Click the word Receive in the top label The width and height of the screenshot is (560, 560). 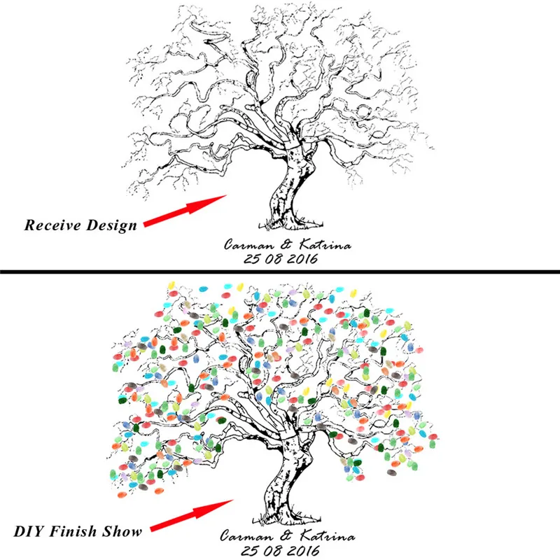click(x=52, y=225)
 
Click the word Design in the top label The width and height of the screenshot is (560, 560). click(x=112, y=225)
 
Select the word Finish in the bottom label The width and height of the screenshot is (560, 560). click(x=73, y=531)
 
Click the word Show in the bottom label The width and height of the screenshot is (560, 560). click(x=122, y=531)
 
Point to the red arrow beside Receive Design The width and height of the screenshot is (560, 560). click(x=185, y=211)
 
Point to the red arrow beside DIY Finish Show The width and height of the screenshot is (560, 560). click(x=192, y=515)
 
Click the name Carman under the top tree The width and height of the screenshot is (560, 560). click(x=249, y=244)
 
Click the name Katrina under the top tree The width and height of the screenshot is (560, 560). click(x=325, y=244)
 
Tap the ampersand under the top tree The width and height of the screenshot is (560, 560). click(x=286, y=244)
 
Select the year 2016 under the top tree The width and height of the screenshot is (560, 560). click(x=302, y=258)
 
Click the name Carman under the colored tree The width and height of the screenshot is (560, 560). click(x=246, y=535)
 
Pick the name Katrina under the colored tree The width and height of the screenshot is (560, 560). click(x=328, y=535)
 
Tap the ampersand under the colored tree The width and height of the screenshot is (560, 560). click(x=286, y=535)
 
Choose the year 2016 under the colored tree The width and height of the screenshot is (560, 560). click(x=304, y=551)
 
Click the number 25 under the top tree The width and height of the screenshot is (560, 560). click(x=252, y=258)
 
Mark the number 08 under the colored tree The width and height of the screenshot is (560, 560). click(x=273, y=551)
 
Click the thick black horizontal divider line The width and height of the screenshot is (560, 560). click(x=280, y=272)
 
